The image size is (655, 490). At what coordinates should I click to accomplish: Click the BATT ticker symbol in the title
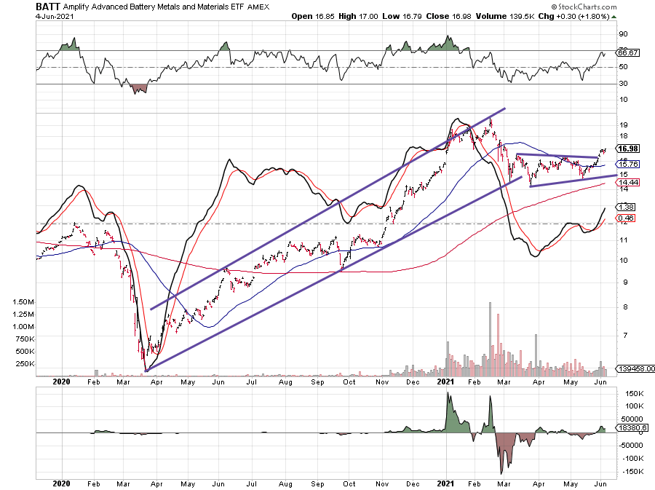coord(48,6)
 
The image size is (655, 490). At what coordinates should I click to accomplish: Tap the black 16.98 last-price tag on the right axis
coord(629,149)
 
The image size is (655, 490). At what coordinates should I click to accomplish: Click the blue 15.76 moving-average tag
coord(627,164)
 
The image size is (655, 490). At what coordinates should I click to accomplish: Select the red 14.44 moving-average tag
coord(627,182)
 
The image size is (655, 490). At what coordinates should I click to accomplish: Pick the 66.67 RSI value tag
coord(627,52)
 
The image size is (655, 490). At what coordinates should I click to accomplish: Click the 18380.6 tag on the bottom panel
coord(630,428)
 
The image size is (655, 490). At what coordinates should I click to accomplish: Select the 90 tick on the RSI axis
coord(623,33)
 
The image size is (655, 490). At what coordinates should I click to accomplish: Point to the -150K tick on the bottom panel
coord(628,472)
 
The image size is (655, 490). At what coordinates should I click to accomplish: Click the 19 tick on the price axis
coord(623,125)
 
